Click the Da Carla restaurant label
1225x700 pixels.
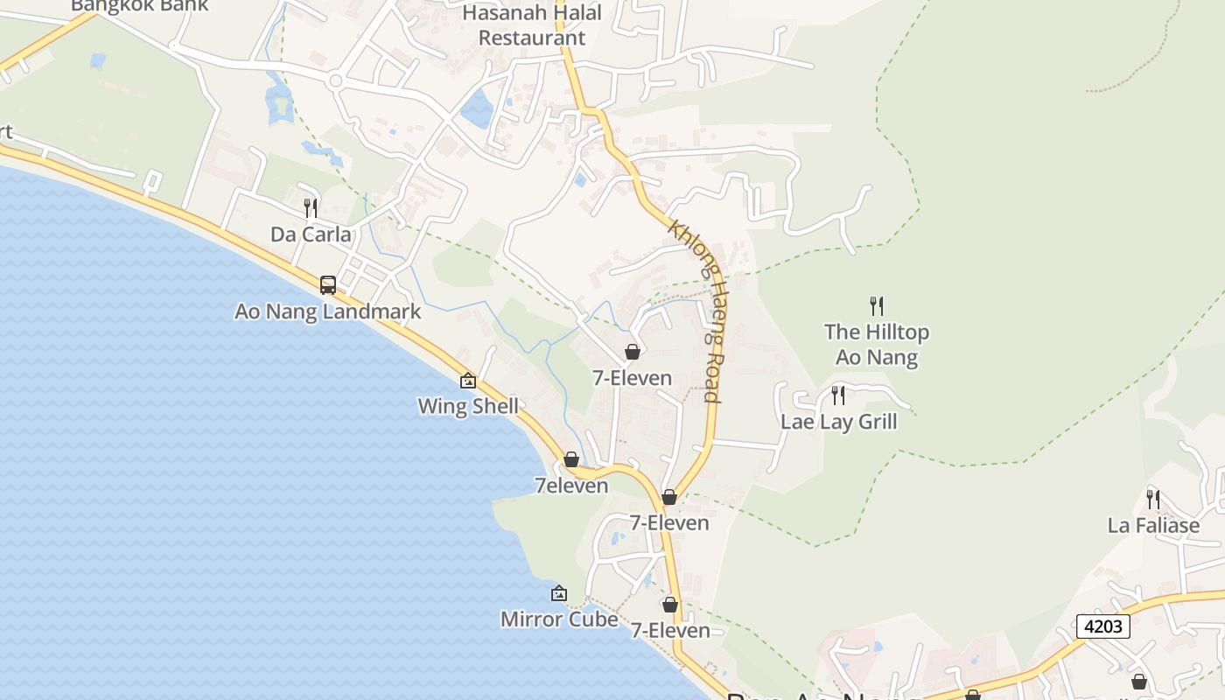tap(311, 234)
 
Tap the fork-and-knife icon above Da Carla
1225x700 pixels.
tap(311, 208)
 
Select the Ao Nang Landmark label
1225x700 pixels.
tap(328, 311)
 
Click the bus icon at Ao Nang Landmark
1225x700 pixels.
tap(328, 285)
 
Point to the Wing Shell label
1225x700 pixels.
tap(468, 406)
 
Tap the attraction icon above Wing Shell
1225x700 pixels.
tap(468, 381)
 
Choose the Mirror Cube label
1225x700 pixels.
tap(559, 619)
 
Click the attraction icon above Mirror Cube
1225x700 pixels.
tap(559, 594)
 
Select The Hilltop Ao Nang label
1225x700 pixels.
tap(877, 345)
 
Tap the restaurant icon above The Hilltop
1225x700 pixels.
tap(877, 306)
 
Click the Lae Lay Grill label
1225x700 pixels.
tap(839, 422)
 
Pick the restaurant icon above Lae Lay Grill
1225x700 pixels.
tap(838, 395)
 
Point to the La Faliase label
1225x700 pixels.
tap(1153, 526)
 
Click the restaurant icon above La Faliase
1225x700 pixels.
tap(1153, 500)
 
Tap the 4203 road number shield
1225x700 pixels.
tap(1102, 626)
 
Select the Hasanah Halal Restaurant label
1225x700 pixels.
tap(532, 25)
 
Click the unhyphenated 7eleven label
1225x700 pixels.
tap(571, 486)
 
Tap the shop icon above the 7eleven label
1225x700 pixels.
tap(571, 460)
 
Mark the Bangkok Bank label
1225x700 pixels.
tap(140, 5)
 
